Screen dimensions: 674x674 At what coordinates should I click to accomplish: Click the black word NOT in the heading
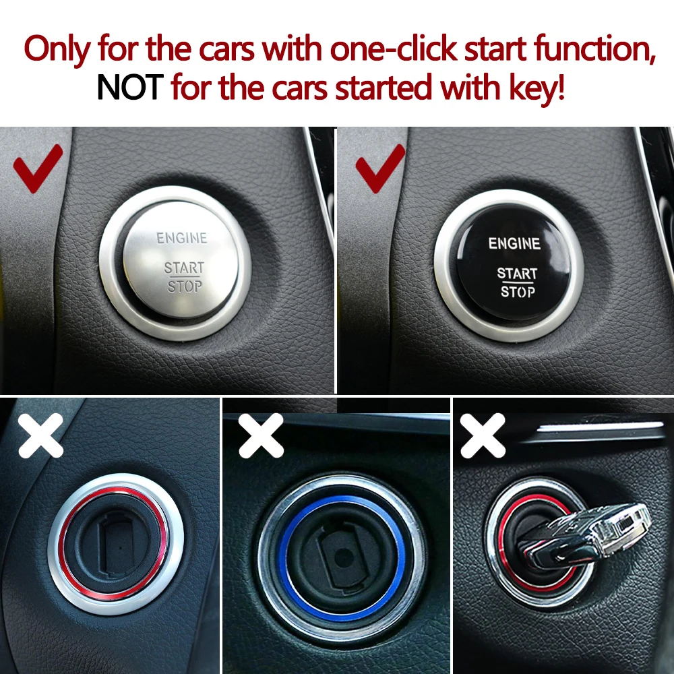coord(130,88)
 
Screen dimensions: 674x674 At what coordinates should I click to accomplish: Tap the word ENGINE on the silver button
coord(182,238)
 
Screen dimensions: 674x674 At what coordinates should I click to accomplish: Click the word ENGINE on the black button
coord(514,243)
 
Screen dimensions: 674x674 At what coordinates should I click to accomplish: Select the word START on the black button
coord(517,274)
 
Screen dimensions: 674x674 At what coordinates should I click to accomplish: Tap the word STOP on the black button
coord(518,292)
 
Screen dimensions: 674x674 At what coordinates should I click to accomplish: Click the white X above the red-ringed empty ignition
coord(40,435)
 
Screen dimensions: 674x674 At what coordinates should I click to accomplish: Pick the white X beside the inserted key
coord(483,435)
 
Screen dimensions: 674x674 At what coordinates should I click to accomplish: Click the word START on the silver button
coord(183,268)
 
